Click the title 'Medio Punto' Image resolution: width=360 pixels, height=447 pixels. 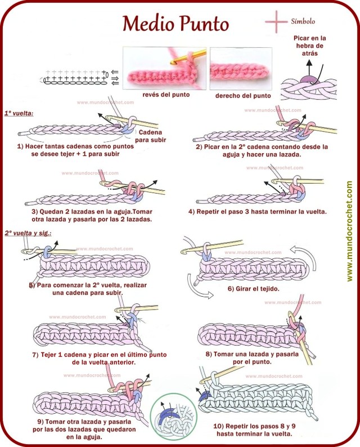tap(175, 23)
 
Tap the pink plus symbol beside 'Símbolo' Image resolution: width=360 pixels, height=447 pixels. tap(276, 21)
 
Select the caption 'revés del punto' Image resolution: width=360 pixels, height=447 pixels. tap(165, 95)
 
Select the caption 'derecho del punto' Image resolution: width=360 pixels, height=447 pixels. tap(243, 95)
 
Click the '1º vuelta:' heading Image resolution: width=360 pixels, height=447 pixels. tap(19, 113)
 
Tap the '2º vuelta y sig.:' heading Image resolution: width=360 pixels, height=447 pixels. tap(28, 233)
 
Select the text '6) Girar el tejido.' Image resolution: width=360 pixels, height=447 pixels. tap(254, 289)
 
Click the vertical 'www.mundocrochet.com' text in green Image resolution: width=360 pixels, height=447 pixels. tap(349, 231)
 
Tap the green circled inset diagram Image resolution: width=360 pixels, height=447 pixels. tap(173, 418)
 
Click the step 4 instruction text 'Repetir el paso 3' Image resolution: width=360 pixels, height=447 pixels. tap(258, 212)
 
